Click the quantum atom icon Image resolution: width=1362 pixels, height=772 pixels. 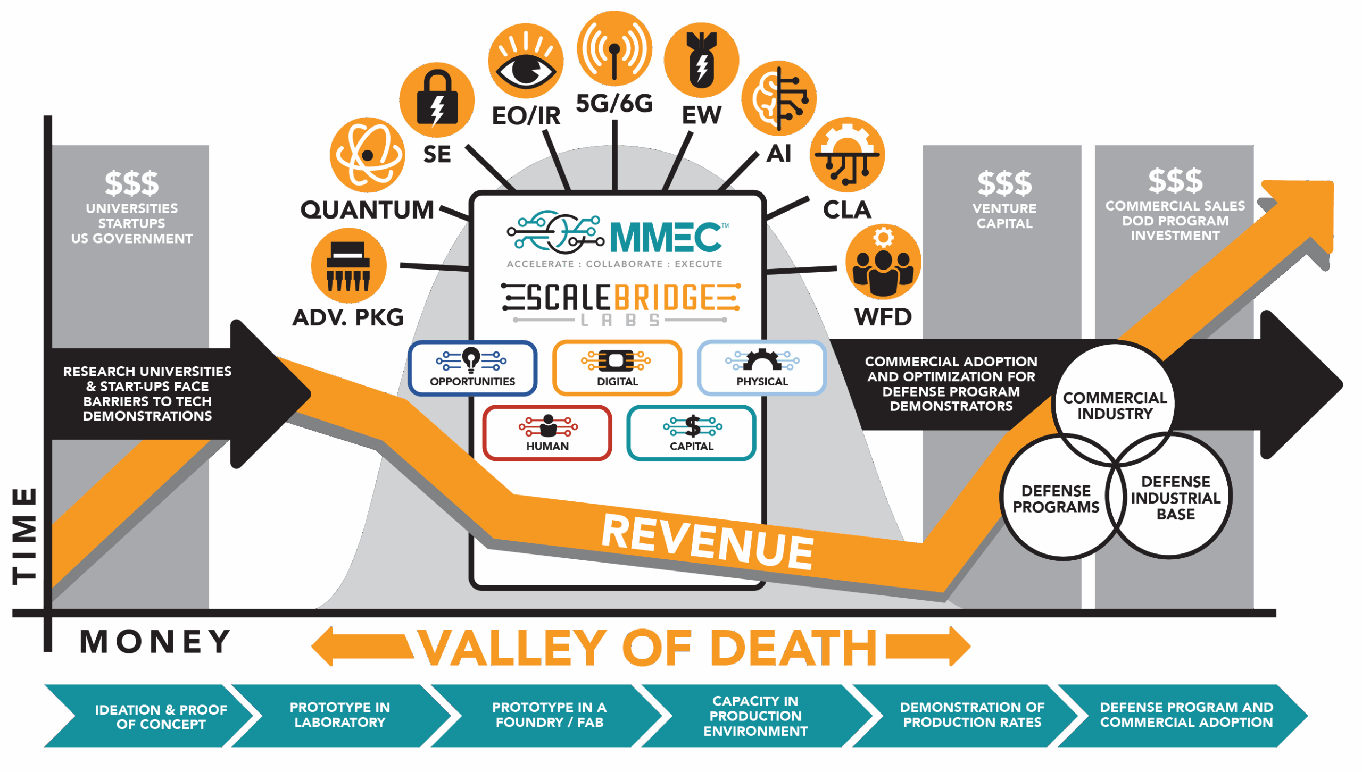(367, 155)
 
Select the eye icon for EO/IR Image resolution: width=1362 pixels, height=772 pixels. (526, 61)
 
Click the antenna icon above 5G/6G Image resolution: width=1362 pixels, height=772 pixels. (614, 49)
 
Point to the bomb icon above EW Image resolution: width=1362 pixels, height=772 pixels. (702, 60)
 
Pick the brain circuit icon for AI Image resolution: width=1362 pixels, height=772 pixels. (779, 98)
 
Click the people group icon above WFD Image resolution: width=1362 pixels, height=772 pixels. (883, 262)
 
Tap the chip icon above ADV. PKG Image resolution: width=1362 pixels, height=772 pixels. (348, 266)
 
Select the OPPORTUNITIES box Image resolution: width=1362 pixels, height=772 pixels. (472, 368)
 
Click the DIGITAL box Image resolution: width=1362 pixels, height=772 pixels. (617, 368)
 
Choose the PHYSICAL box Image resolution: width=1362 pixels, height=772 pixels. (762, 368)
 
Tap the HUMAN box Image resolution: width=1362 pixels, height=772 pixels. (547, 433)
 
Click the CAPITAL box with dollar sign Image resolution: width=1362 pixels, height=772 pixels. (692, 433)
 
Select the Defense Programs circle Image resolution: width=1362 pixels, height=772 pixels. (1056, 498)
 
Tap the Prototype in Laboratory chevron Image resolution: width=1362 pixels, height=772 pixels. (340, 715)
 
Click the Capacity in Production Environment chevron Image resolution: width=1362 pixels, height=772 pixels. (755, 716)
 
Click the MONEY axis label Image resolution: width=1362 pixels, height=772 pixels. (155, 642)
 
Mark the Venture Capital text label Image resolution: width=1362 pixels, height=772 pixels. (1004, 216)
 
